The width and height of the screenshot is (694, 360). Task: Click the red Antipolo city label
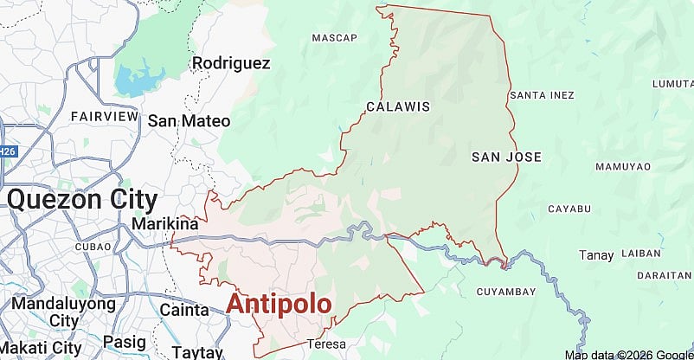tap(279, 304)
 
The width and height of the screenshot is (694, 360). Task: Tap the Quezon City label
tap(82, 200)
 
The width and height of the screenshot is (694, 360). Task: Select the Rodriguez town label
tap(231, 63)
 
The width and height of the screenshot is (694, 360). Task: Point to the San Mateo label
tap(189, 121)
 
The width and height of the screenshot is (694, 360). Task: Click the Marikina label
tap(165, 224)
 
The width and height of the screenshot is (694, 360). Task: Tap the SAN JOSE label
tap(506, 157)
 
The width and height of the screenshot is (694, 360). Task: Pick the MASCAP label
tap(334, 38)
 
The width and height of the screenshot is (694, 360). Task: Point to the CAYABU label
tap(569, 209)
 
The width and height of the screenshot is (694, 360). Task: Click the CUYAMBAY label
tap(506, 292)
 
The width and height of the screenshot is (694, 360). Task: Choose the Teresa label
tap(325, 344)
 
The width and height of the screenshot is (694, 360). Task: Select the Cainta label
tap(184, 309)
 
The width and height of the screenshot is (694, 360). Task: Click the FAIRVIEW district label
tap(99, 116)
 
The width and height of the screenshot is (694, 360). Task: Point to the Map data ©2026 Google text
tap(628, 355)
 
